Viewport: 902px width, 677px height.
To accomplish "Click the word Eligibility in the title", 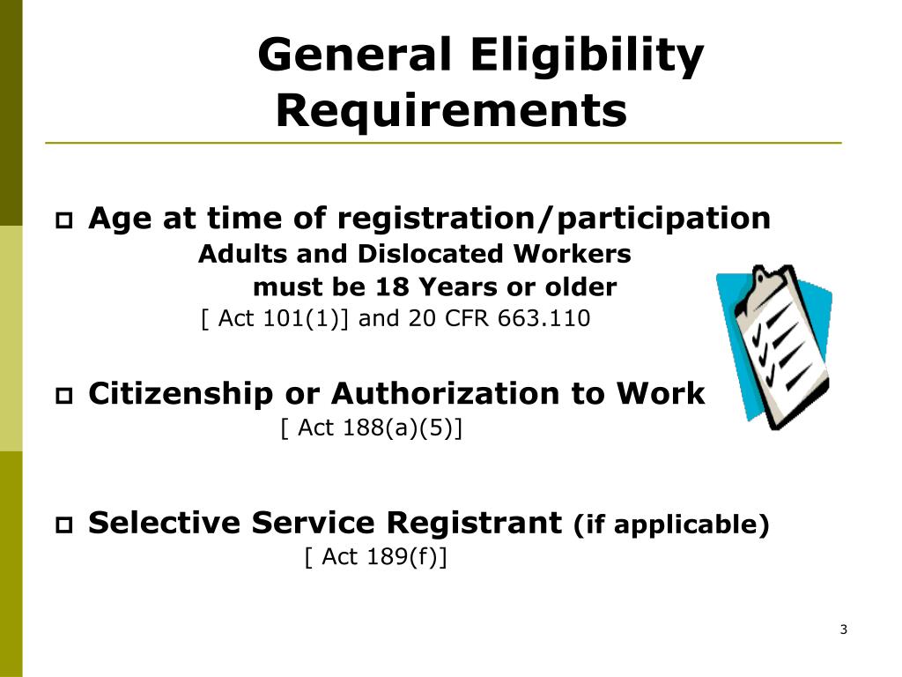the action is [587, 56].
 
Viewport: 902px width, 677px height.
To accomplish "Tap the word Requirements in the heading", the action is [452, 111].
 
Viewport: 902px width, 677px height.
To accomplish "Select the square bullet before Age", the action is [63, 220].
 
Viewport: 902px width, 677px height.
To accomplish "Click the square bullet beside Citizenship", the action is [63, 396].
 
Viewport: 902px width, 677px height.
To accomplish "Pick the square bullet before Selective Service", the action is [63, 525].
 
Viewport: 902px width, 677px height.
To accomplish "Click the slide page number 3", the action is [843, 629].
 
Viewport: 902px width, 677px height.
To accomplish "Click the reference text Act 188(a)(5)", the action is [372, 428].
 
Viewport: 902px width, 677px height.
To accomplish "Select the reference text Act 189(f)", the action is [375, 557].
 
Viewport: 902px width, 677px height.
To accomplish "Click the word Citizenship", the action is [181, 394].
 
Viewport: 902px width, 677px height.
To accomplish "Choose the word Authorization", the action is [445, 394].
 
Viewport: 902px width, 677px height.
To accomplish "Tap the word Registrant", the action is [474, 523].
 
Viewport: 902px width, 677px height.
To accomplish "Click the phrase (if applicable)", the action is [671, 524].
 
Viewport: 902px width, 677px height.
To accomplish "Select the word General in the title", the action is [354, 55].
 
